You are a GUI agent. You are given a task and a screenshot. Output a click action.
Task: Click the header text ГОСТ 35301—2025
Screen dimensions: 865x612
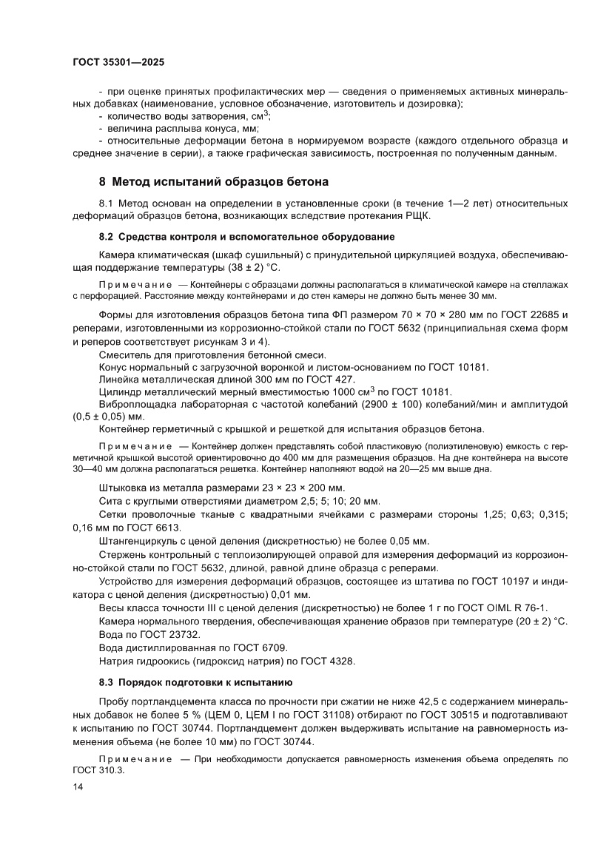[118, 62]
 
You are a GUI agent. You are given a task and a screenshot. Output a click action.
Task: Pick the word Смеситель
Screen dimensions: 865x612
[127, 355]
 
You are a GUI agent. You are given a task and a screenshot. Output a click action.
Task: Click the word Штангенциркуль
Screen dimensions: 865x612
[141, 541]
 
